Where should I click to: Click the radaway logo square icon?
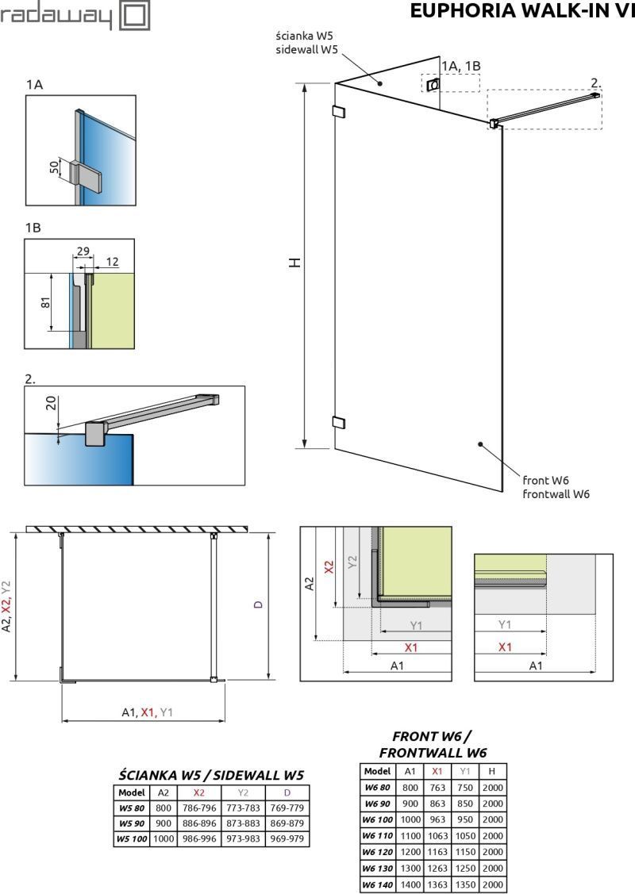tap(135, 14)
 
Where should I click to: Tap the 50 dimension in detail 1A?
tap(54, 167)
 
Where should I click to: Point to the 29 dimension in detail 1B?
tap(83, 251)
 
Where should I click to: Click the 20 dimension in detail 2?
tap(51, 403)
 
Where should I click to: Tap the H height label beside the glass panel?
tap(294, 263)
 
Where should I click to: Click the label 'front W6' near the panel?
tap(545, 481)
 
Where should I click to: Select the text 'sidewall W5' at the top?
tap(307, 50)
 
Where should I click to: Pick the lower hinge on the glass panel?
tap(338, 422)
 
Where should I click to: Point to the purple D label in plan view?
tap(258, 604)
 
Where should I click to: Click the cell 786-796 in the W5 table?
tap(199, 808)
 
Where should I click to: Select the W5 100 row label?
tap(132, 838)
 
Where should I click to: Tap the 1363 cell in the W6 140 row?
tap(437, 884)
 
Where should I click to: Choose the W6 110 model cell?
tap(378, 836)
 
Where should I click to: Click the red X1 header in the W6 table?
tap(437, 771)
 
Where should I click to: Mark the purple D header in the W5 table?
tap(287, 792)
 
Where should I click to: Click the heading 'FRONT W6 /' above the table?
tap(432, 737)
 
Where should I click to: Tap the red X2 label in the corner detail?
tap(329, 567)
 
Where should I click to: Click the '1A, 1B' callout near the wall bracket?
tap(461, 66)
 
